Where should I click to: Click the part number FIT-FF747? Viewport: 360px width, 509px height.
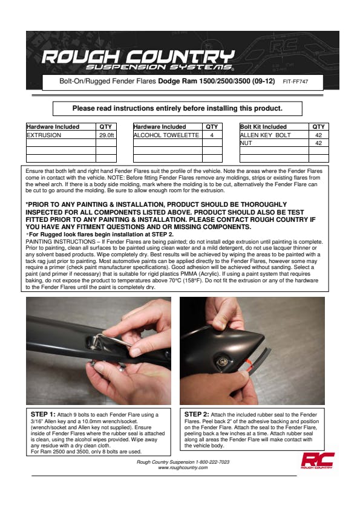point(295,82)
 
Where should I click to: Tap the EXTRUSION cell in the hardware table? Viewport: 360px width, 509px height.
point(44,135)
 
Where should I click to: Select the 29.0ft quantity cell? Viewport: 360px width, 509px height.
point(106,135)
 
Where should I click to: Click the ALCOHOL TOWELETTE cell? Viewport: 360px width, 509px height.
point(166,135)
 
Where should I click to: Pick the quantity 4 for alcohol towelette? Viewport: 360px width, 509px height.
point(212,135)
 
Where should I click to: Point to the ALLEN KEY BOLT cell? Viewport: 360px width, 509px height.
point(265,135)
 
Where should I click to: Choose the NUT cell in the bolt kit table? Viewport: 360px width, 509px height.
point(246,143)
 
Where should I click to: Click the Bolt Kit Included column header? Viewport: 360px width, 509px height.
point(263,126)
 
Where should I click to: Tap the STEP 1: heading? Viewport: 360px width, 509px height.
point(43,414)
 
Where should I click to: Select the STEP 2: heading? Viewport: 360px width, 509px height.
point(197,414)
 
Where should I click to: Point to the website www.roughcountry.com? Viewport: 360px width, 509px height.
point(183,467)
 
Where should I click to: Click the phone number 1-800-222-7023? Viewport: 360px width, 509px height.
point(212,462)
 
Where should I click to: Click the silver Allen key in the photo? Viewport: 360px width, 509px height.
point(110,342)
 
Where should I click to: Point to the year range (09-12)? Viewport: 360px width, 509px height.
point(264,81)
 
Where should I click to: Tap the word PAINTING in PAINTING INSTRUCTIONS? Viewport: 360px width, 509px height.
point(39,242)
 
